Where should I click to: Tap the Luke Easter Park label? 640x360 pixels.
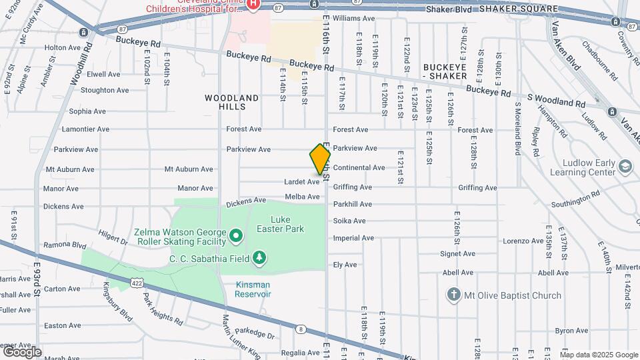[x=287, y=224]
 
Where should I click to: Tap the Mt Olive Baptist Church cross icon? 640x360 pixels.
[x=453, y=295]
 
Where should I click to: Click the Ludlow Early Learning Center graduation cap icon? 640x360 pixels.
[x=625, y=165]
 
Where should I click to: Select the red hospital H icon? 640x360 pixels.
[x=253, y=5]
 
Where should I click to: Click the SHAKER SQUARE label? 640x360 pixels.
[x=527, y=8]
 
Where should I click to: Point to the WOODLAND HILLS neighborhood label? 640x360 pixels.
[x=231, y=103]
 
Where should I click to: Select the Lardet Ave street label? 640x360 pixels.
[x=301, y=181]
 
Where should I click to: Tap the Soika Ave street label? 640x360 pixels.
[x=349, y=221]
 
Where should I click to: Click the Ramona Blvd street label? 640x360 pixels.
[x=65, y=245]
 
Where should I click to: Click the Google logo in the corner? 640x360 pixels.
[x=22, y=351]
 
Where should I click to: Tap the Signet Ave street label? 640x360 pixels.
[x=457, y=253]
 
